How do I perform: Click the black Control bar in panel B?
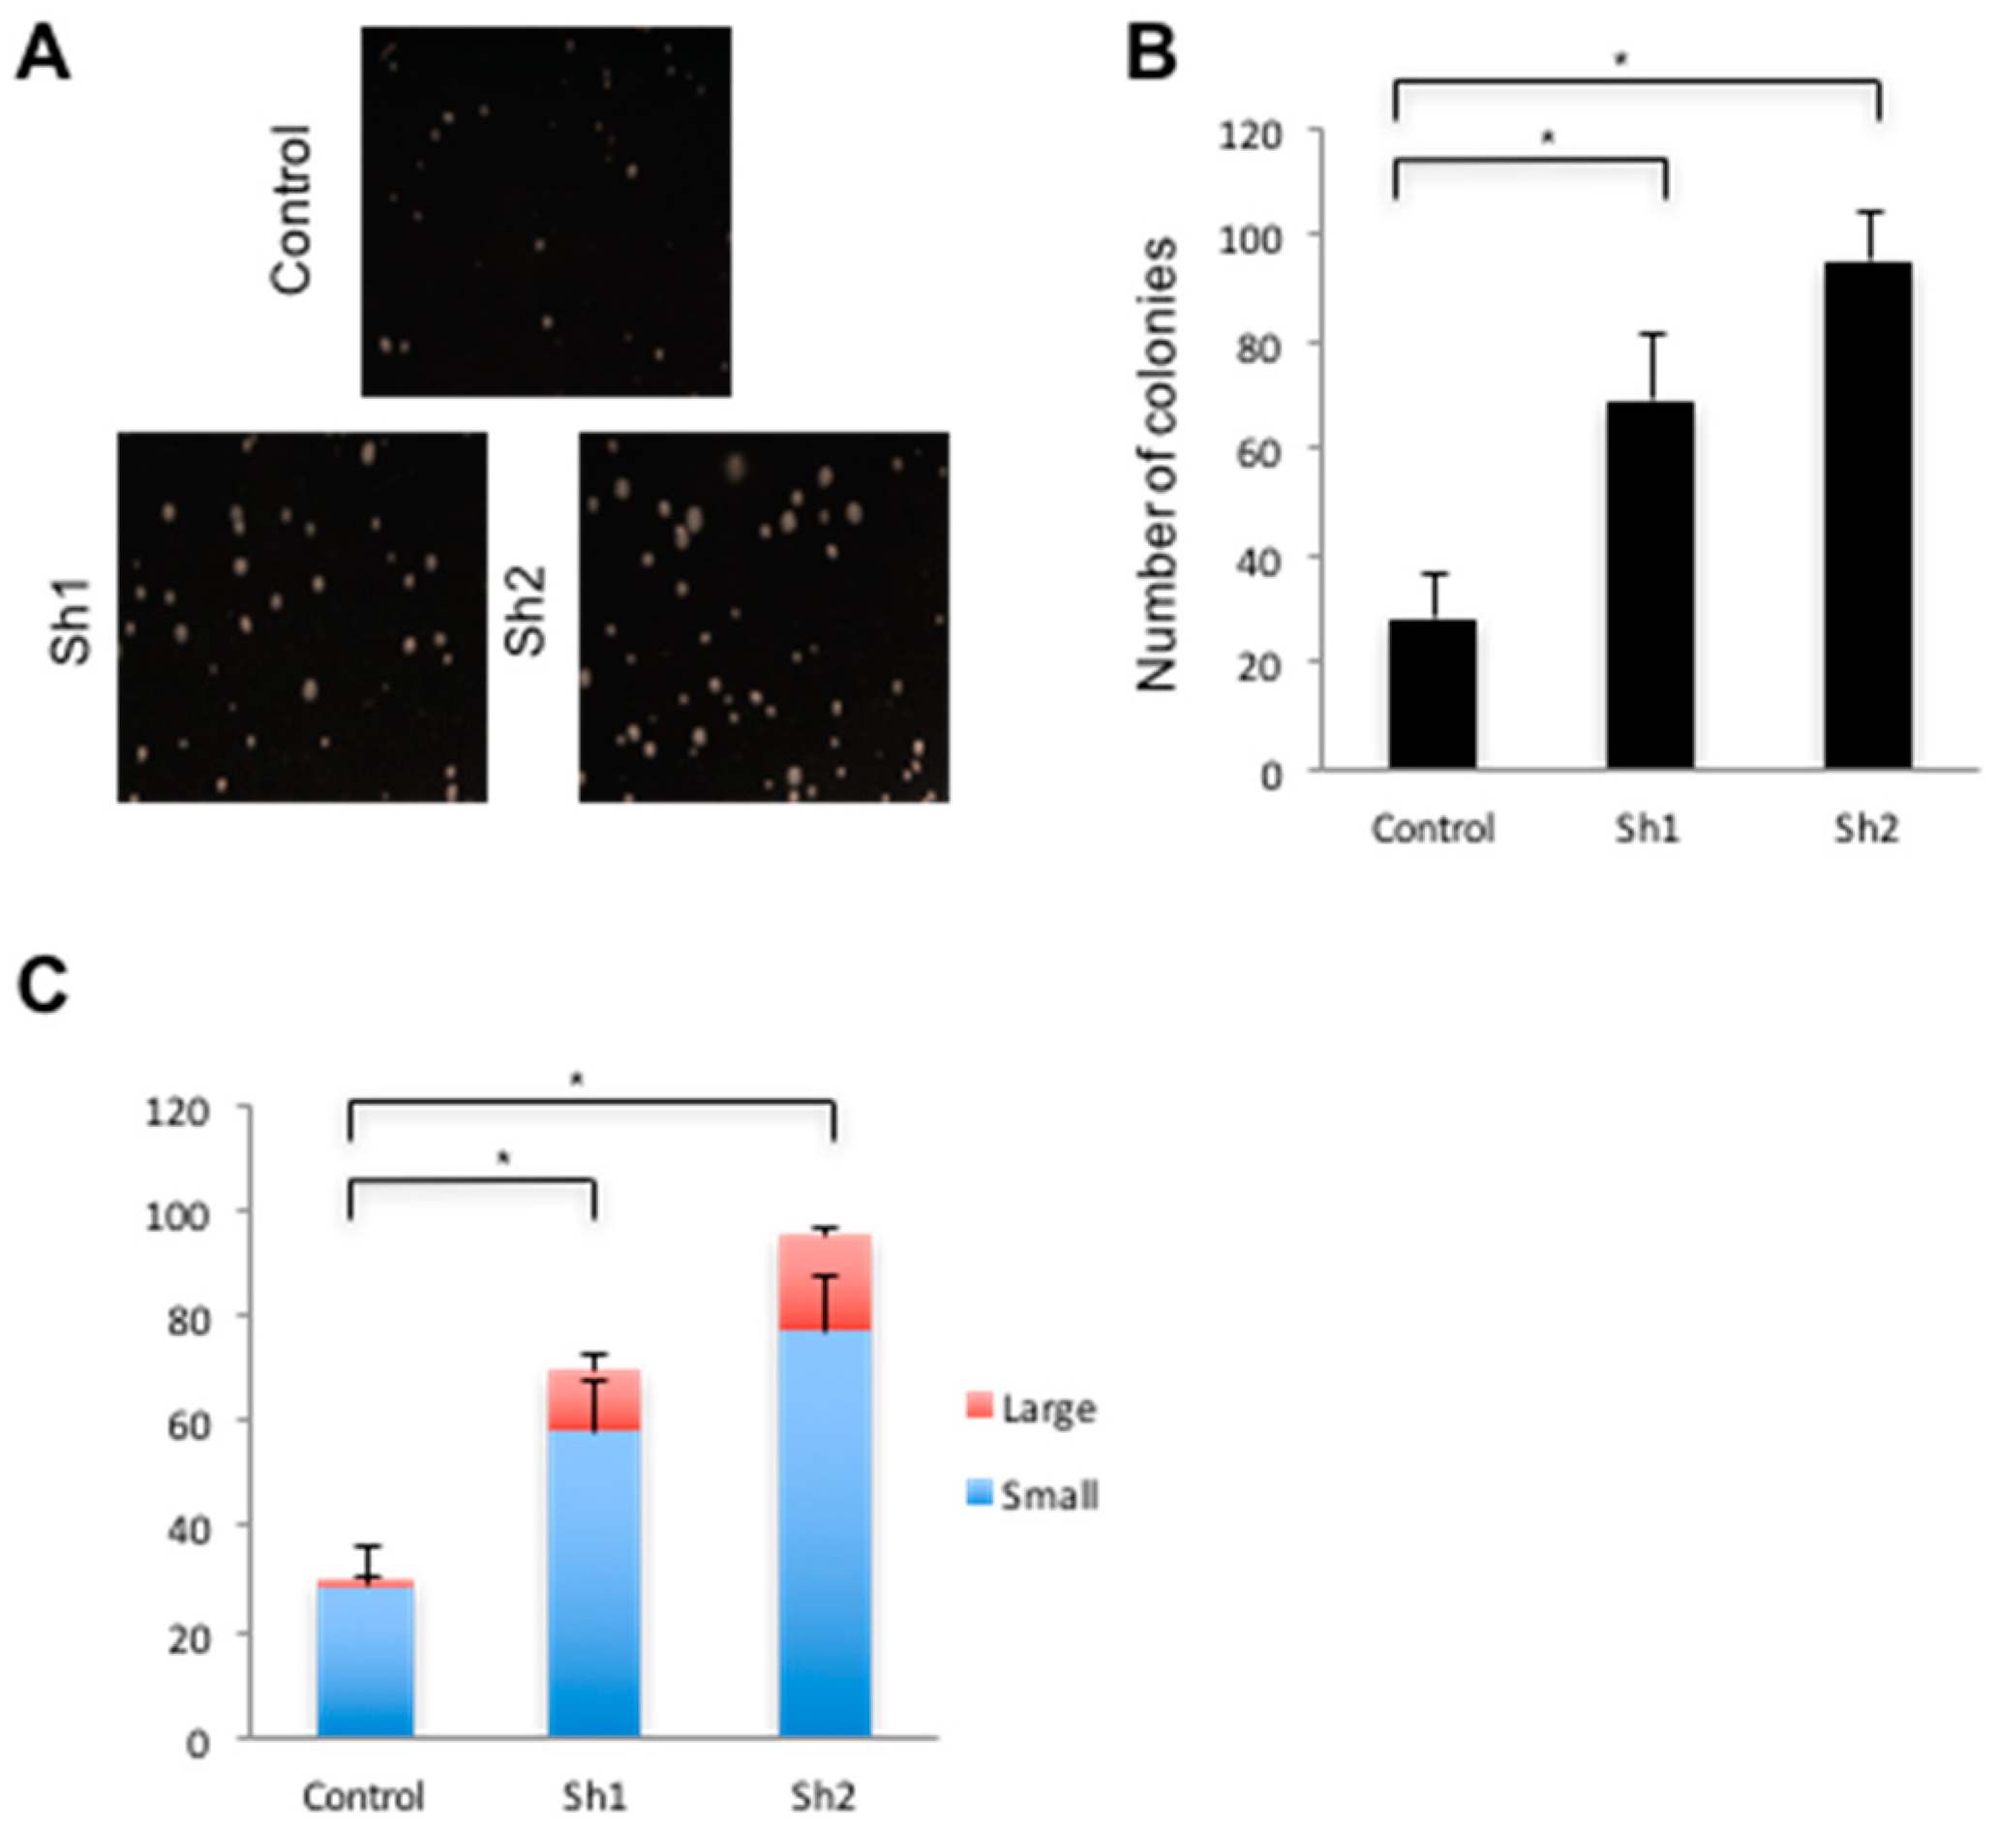pos(1432,694)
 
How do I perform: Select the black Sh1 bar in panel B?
pos(1650,585)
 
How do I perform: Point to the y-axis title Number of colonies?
pos(1158,464)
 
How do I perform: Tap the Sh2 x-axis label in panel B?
pos(1866,828)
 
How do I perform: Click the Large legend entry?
pos(1047,1409)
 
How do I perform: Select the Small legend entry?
pos(1047,1495)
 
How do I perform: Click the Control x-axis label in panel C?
pos(364,1796)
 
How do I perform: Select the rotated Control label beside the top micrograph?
pos(291,209)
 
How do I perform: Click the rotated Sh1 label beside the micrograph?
pos(72,622)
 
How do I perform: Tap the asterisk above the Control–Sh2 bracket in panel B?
pos(1622,60)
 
